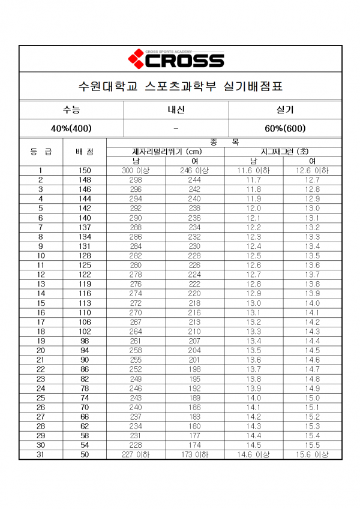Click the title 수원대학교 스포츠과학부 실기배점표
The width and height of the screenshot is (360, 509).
click(181, 86)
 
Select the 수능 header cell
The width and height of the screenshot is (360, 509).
click(71, 110)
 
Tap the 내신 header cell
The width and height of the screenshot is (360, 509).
click(176, 110)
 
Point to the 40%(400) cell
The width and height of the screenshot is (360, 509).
click(71, 128)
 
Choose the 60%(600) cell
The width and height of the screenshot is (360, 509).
click(285, 128)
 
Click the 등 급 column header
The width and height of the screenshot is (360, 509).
click(41, 152)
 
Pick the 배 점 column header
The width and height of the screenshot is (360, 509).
click(85, 152)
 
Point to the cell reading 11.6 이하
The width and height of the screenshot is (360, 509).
click(254, 171)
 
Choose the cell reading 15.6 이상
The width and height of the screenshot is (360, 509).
click(313, 455)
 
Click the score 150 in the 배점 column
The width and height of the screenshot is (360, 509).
click(85, 171)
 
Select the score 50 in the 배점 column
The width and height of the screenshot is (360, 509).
click(85, 455)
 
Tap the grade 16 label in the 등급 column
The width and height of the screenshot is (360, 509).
click(41, 313)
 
